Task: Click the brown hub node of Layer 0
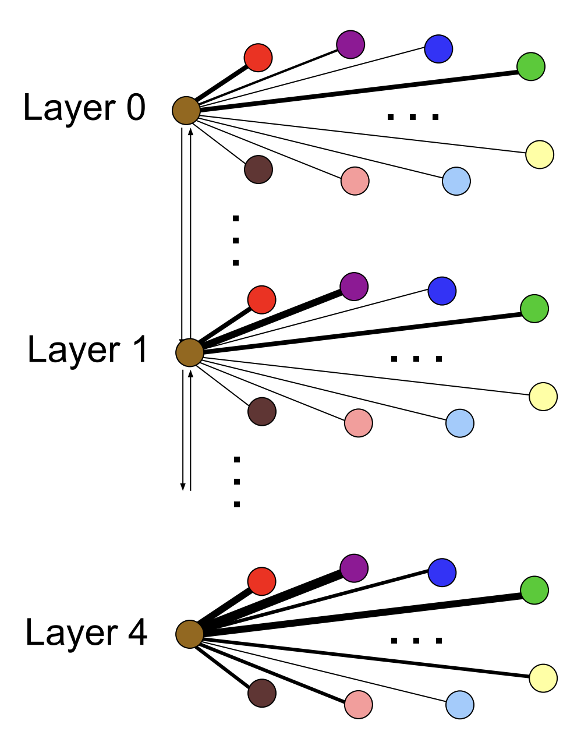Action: (186, 111)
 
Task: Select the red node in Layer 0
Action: (258, 58)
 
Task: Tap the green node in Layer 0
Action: (531, 66)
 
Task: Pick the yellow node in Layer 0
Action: (540, 155)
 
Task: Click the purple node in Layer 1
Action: (354, 287)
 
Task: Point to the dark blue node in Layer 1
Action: (442, 291)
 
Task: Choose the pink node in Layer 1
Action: (358, 423)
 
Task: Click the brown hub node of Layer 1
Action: (190, 353)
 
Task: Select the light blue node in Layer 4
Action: (460, 705)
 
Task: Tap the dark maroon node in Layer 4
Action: (262, 693)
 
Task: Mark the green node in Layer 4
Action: (534, 590)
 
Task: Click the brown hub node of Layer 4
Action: (190, 634)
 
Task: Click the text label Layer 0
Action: (84, 108)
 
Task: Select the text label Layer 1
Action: (87, 351)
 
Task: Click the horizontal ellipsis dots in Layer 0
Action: (412, 118)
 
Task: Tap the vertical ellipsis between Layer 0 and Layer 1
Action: (236, 241)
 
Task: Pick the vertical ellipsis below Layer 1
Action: (237, 482)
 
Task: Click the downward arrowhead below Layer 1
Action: (183, 486)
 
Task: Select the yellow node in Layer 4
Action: (543, 678)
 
